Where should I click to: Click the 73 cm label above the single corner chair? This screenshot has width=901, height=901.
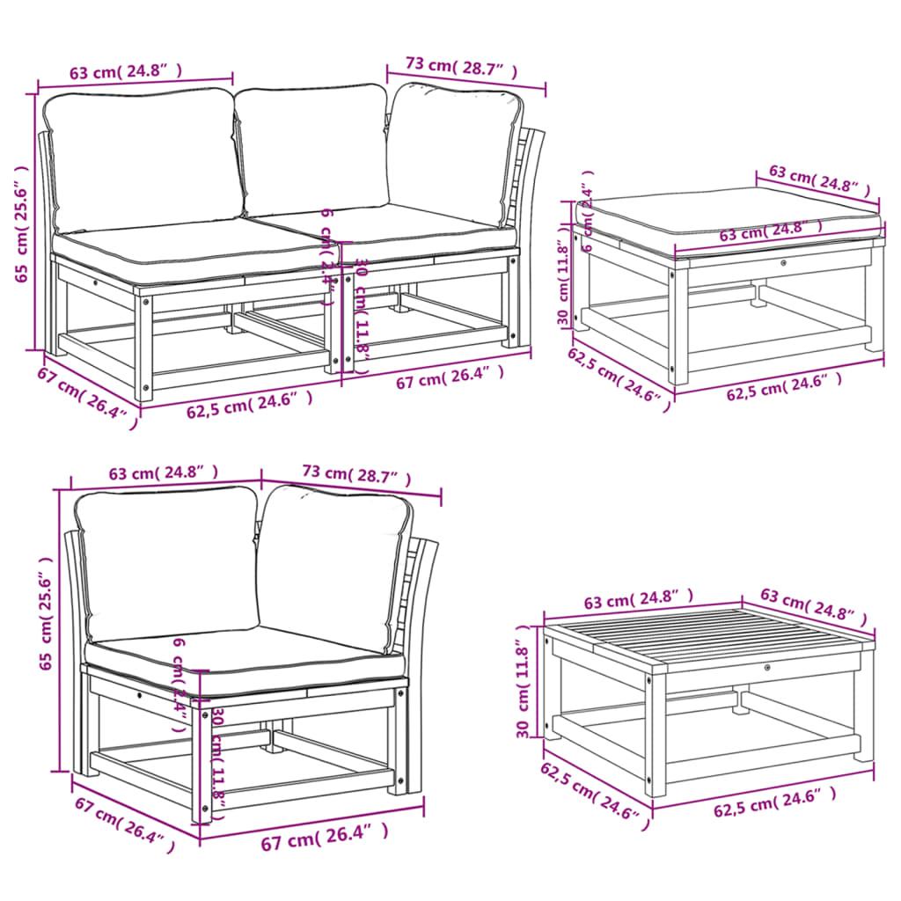point(356,475)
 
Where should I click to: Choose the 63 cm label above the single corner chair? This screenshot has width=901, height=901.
point(164,473)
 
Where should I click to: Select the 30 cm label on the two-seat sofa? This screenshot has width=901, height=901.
point(362,304)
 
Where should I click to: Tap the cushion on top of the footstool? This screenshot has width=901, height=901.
point(730,216)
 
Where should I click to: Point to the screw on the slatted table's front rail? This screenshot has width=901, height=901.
point(768,669)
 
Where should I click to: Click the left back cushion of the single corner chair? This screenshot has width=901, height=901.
point(167,563)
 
